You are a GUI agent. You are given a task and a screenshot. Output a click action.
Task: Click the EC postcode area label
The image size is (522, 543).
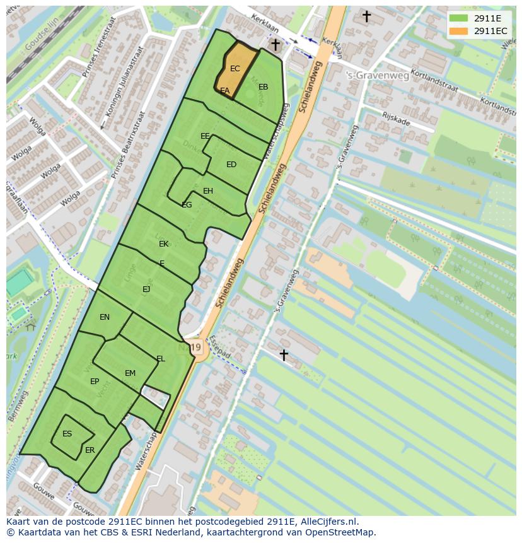pyautogui.click(x=235, y=69)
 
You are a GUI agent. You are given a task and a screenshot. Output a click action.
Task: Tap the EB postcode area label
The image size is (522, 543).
pyautogui.click(x=263, y=87)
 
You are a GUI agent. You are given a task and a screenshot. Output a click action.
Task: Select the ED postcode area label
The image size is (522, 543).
pyautogui.click(x=231, y=165)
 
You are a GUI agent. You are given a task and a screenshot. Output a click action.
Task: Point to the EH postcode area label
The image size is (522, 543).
pyautogui.click(x=208, y=191)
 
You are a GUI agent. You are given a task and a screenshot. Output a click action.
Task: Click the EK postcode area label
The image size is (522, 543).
pyautogui.click(x=164, y=244)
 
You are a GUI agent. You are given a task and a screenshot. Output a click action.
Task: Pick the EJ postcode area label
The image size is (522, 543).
pyautogui.click(x=146, y=289)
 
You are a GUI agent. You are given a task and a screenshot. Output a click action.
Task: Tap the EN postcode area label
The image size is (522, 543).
pyautogui.click(x=105, y=317)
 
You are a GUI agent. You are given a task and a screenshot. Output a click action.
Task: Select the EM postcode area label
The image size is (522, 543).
pyautogui.click(x=130, y=373)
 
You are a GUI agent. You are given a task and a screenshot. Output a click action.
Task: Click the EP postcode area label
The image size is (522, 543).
pyautogui.click(x=95, y=382)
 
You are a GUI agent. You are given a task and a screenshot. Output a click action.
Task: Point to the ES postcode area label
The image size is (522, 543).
pyautogui.click(x=67, y=434)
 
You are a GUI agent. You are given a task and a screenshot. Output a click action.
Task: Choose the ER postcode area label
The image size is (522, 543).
pyautogui.click(x=90, y=450)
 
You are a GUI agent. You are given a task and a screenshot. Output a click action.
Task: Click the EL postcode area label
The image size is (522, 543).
pyautogui.click(x=161, y=359)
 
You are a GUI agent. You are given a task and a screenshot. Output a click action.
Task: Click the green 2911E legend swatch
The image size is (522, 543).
pyautogui.click(x=458, y=18)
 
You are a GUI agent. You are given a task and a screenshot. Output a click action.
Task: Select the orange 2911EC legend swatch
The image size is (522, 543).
pyautogui.click(x=458, y=31)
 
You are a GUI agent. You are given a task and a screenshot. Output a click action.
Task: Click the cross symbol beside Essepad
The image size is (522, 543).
pyautogui.click(x=284, y=355)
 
